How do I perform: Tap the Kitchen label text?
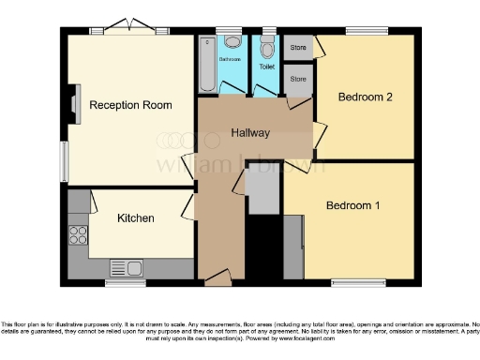point(135,218)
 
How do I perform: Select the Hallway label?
point(250,134)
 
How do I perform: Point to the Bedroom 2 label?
point(364,97)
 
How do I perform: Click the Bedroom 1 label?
point(352,205)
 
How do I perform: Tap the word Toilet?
point(267,67)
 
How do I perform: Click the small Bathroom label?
point(230,59)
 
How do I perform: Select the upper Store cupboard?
point(298,47)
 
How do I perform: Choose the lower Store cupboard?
point(298,79)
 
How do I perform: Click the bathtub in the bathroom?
point(207,64)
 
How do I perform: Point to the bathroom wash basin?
point(230,41)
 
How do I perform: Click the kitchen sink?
point(125,267)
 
